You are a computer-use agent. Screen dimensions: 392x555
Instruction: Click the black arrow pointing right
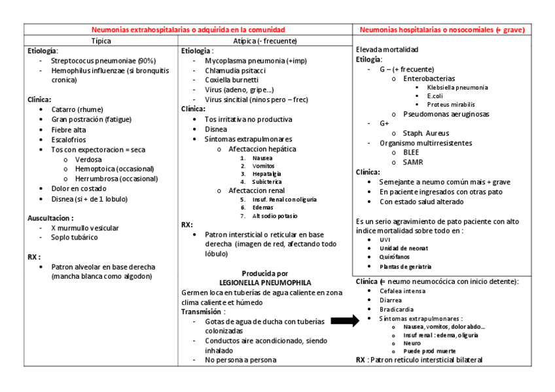[345, 321]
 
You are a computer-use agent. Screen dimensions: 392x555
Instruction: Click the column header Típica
[101, 41]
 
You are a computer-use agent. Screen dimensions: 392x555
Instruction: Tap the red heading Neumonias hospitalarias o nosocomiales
[442, 30]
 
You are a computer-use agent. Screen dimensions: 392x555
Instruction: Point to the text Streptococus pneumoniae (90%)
[103, 60]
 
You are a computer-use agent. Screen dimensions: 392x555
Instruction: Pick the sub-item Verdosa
[88, 159]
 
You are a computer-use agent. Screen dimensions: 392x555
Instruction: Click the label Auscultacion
[50, 218]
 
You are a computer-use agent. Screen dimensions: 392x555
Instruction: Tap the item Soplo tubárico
[75, 238]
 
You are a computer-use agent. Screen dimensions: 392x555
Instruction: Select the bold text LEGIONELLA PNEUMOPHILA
[265, 283]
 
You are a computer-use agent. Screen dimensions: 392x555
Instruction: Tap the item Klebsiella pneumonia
[457, 87]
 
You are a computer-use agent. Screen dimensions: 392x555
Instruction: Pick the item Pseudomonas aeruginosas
[446, 114]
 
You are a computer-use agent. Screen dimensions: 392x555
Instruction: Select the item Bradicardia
[398, 309]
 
